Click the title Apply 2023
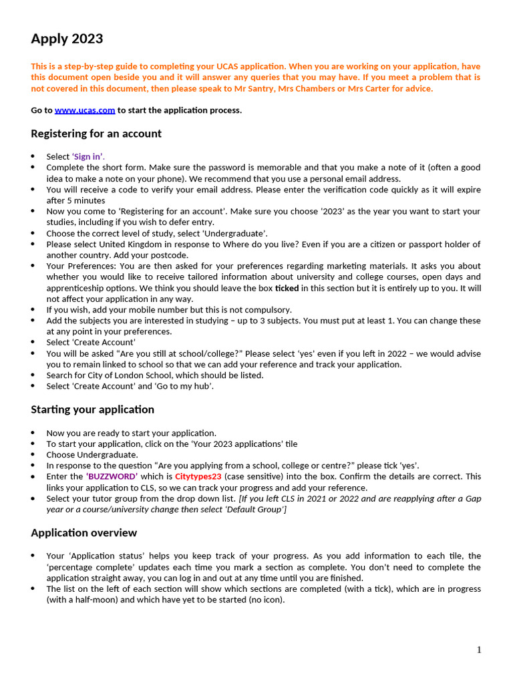[x=67, y=39]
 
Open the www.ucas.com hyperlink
[x=85, y=110]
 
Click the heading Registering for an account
[x=96, y=134]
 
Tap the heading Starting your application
[x=92, y=409]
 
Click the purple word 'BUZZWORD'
[x=112, y=477]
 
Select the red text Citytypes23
[x=198, y=477]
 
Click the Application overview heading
[x=84, y=533]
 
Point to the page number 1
[x=478, y=650]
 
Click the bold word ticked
[x=287, y=288]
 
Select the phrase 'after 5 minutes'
[x=75, y=200]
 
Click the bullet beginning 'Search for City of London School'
[x=155, y=375]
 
